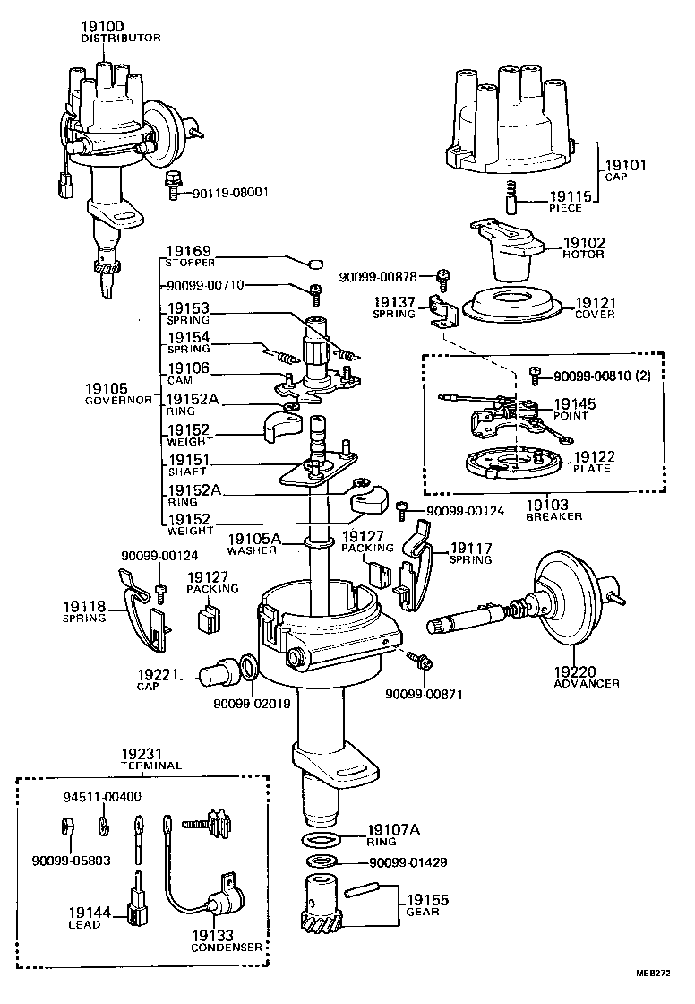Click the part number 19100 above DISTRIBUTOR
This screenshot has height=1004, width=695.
point(102,28)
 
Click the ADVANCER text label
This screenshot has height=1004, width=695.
point(587,683)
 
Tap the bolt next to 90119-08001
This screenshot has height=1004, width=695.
point(172,184)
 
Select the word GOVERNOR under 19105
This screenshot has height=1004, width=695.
point(119,400)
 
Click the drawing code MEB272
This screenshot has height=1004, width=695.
point(655,972)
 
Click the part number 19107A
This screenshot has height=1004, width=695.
point(393,830)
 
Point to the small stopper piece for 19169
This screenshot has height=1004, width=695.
point(314,264)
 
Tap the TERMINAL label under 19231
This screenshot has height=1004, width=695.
point(150,766)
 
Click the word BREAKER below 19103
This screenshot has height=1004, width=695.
point(554,516)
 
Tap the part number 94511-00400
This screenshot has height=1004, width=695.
point(101,796)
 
